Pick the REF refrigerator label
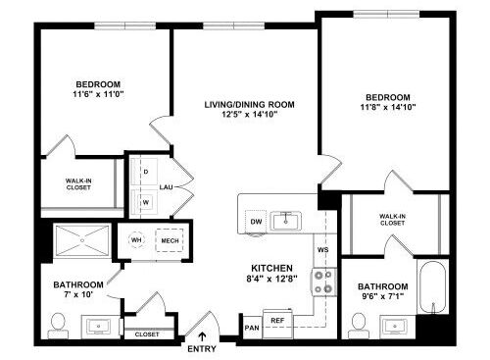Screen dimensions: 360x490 (x=277, y=320)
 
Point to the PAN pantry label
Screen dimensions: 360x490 (x=252, y=327)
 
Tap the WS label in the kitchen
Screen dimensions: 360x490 (x=321, y=251)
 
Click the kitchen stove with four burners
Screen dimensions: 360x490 (x=322, y=284)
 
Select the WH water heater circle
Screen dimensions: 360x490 (x=137, y=240)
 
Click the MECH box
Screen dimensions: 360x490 (x=170, y=240)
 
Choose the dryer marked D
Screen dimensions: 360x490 (x=145, y=172)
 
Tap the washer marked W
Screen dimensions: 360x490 (x=145, y=202)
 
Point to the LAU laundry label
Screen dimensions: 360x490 (x=167, y=186)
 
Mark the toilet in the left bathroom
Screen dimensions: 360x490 (x=58, y=323)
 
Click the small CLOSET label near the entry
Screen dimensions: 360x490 (x=147, y=334)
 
